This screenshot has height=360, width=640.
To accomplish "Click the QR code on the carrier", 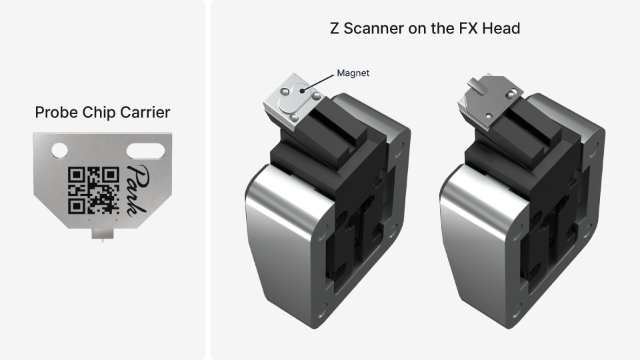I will pos(94,189).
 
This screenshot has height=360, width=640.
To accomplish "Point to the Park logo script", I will pos(136,189).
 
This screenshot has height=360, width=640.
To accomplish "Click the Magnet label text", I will pos(353,73).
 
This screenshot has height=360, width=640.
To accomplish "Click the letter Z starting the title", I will pos(335,29).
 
